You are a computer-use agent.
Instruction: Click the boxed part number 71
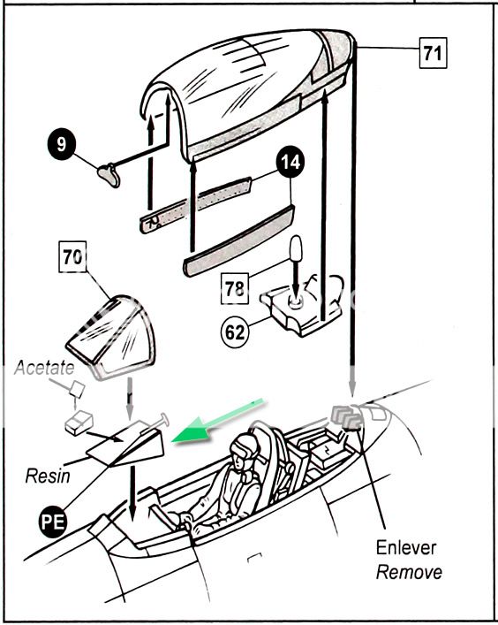tap(434, 53)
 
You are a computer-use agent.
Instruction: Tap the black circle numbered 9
tap(61, 144)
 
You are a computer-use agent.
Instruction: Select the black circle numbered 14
tap(290, 162)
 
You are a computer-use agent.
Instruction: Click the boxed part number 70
tap(72, 257)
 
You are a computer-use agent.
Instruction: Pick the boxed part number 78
tap(235, 288)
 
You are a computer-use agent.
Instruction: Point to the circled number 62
tap(235, 332)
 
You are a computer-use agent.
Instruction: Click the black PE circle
tap(53, 522)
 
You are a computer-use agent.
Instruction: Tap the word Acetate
tap(44, 368)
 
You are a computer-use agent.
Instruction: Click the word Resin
tap(48, 476)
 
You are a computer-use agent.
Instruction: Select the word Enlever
tap(406, 548)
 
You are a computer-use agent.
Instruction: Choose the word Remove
tap(409, 572)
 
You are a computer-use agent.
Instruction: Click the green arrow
tap(217, 420)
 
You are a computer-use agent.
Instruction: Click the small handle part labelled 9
tap(109, 174)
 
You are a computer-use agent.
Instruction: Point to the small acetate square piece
tap(77, 390)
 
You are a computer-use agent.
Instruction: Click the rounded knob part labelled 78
tap(296, 248)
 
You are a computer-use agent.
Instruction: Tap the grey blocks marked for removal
tap(346, 417)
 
